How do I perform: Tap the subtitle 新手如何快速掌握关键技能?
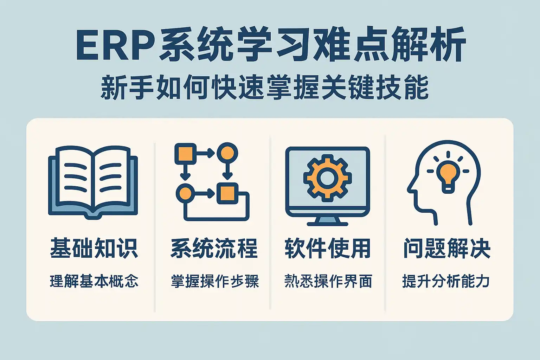point(264,87)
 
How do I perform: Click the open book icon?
point(93,182)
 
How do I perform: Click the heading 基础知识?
point(94,248)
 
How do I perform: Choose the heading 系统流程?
point(214,248)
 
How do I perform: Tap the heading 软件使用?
point(327,248)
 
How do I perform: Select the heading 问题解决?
point(447,248)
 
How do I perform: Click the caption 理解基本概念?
point(94,281)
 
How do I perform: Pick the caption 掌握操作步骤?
point(215,281)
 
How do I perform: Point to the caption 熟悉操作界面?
point(328,281)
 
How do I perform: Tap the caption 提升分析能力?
point(446,281)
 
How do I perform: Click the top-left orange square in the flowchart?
point(185,154)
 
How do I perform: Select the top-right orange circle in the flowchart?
point(227,153)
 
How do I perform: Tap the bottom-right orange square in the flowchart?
point(227,193)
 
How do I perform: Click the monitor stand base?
point(327,224)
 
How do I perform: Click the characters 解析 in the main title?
point(428,45)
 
